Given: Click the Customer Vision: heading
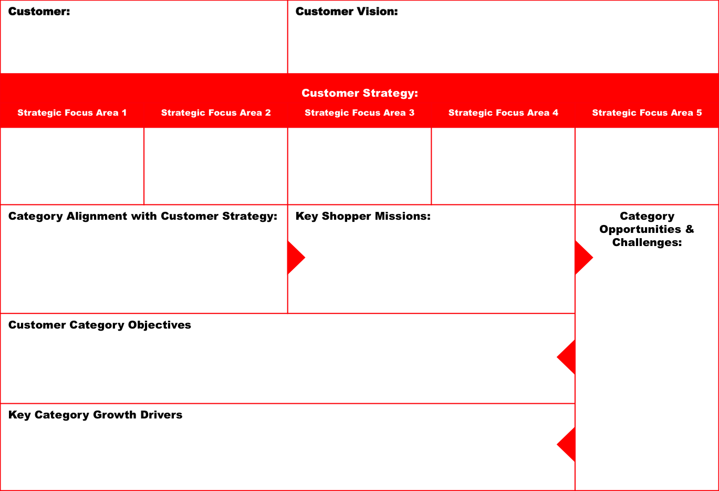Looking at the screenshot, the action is click(347, 12).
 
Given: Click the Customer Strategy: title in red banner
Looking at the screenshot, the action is click(359, 93).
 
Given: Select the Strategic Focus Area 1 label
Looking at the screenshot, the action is click(72, 113).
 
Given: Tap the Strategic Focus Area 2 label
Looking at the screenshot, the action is click(216, 113).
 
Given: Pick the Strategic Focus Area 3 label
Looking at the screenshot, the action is click(359, 113).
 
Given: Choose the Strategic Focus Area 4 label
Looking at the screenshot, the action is click(503, 113).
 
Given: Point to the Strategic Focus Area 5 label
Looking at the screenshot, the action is click(647, 113).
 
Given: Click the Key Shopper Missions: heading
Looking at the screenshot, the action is click(363, 216).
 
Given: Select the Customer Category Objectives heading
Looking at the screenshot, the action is click(99, 325).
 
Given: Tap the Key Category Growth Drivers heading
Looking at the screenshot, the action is click(96, 415).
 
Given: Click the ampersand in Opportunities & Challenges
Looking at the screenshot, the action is click(690, 229).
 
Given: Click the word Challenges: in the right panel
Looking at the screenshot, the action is click(647, 242).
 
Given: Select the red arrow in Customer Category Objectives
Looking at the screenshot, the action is click(566, 357).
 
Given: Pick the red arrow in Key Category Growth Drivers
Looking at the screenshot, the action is click(566, 444).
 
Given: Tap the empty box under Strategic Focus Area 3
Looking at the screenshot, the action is click(359, 166).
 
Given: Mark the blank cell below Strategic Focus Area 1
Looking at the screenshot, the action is click(72, 166).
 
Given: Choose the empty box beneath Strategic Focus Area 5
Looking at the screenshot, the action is click(647, 166).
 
